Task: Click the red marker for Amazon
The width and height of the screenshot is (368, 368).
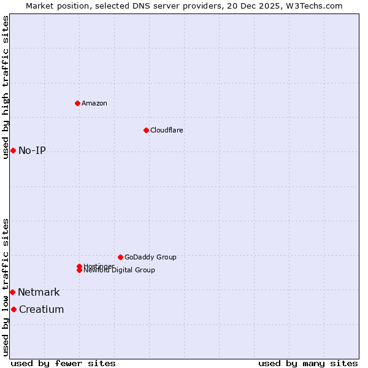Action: pyautogui.click(x=77, y=103)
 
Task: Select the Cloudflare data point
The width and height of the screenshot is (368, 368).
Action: pyautogui.click(x=146, y=130)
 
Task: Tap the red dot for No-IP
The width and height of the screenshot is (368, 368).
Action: pyautogui.click(x=13, y=150)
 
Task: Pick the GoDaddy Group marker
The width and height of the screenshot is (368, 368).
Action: pyautogui.click(x=120, y=257)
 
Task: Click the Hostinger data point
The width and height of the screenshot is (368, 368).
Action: pyautogui.click(x=79, y=266)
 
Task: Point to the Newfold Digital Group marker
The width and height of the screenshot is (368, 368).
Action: pyautogui.click(x=79, y=270)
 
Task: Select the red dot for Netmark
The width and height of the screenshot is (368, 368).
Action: pyautogui.click(x=12, y=292)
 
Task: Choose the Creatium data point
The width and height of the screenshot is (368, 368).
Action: pyautogui.click(x=13, y=309)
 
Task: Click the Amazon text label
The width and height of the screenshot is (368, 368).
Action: pyautogui.click(x=94, y=103)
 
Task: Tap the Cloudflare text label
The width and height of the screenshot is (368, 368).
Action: pyautogui.click(x=167, y=130)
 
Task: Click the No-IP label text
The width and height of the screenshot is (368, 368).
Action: pyautogui.click(x=32, y=150)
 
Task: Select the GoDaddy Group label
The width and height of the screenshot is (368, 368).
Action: pyautogui.click(x=150, y=257)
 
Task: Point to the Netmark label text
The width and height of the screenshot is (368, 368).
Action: pyautogui.click(x=39, y=292)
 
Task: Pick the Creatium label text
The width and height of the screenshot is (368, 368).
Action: pyautogui.click(x=41, y=309)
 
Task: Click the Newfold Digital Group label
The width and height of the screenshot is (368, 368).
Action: pyautogui.click(x=120, y=270)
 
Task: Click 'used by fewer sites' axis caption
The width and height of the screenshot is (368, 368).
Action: pyautogui.click(x=63, y=363)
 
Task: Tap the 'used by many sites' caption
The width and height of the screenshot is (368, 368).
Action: pyautogui.click(x=308, y=363)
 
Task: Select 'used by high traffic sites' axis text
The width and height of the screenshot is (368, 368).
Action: pyautogui.click(x=6, y=87)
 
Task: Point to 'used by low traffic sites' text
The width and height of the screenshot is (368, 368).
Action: pyautogui.click(x=6, y=287)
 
